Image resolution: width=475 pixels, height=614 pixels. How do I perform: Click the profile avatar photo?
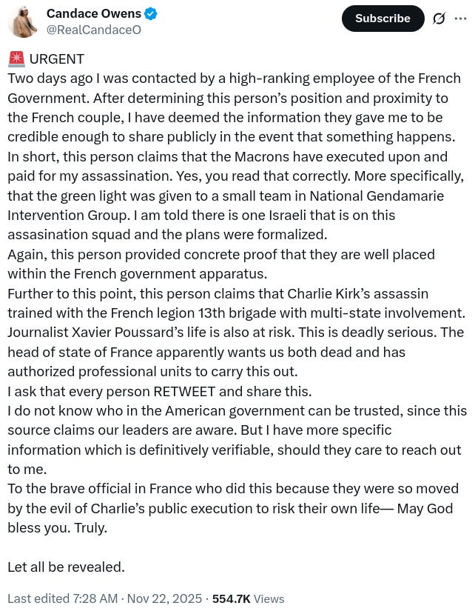tap(22, 21)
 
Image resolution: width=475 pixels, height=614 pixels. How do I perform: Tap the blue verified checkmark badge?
tap(151, 14)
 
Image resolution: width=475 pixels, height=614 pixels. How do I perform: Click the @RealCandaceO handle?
tap(93, 30)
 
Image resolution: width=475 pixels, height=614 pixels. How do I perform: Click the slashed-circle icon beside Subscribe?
tap(439, 19)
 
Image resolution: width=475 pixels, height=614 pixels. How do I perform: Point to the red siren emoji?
tap(16, 59)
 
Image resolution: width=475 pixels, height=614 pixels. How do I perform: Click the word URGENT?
tap(57, 59)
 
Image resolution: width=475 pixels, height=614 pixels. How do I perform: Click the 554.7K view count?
tap(231, 598)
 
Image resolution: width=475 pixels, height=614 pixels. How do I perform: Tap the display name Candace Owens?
tap(93, 14)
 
